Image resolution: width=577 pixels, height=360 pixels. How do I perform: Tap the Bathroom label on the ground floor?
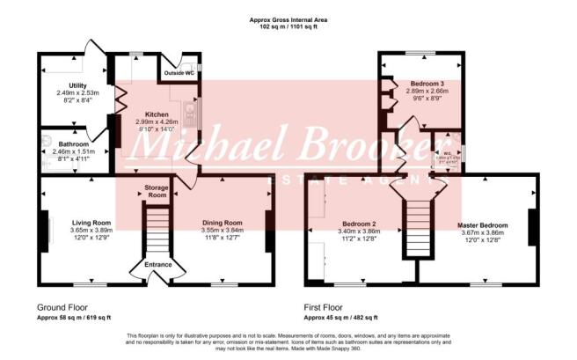pos(65,143)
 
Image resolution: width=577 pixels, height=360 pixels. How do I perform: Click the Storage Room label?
pos(156,192)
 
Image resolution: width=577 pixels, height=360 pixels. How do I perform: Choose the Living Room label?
pos(90,223)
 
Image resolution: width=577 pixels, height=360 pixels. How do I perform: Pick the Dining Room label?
pos(221,223)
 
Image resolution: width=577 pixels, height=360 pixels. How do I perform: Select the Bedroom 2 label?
pos(359,224)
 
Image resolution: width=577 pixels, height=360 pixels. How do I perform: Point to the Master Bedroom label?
pos(479,224)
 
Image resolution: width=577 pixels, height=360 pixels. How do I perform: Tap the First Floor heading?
pos(327,307)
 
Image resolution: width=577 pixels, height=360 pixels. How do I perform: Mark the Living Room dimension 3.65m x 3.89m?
pos(90,231)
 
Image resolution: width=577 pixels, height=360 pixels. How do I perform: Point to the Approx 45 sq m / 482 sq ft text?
pos(341,317)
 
